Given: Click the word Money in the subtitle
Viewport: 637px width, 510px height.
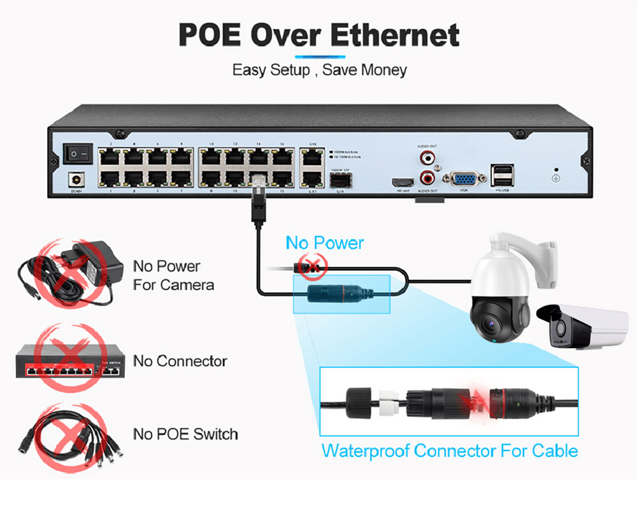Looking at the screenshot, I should tap(383, 69).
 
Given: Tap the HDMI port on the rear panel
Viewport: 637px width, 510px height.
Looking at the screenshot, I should tap(403, 182).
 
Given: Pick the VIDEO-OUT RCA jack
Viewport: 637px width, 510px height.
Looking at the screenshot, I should tap(427, 156).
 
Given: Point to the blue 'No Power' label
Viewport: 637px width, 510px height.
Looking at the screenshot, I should tap(324, 243).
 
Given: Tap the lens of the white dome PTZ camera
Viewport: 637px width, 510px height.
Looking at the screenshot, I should tap(490, 326).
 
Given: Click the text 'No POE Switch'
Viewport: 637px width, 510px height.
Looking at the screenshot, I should tap(185, 434).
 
